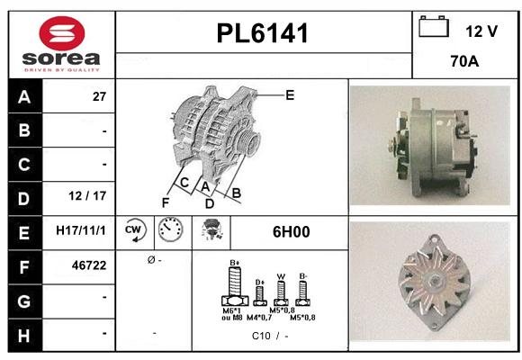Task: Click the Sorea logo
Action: (61, 42)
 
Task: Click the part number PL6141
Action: (263, 34)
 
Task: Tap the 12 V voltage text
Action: (481, 31)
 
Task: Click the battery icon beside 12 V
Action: (434, 28)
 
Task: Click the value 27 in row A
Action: (100, 97)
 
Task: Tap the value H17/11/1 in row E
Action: (81, 231)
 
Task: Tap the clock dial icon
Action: (170, 231)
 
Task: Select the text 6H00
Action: (291, 231)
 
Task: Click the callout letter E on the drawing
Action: (290, 94)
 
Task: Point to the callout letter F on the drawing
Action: (166, 202)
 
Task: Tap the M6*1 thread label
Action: (232, 310)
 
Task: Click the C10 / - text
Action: (270, 336)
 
